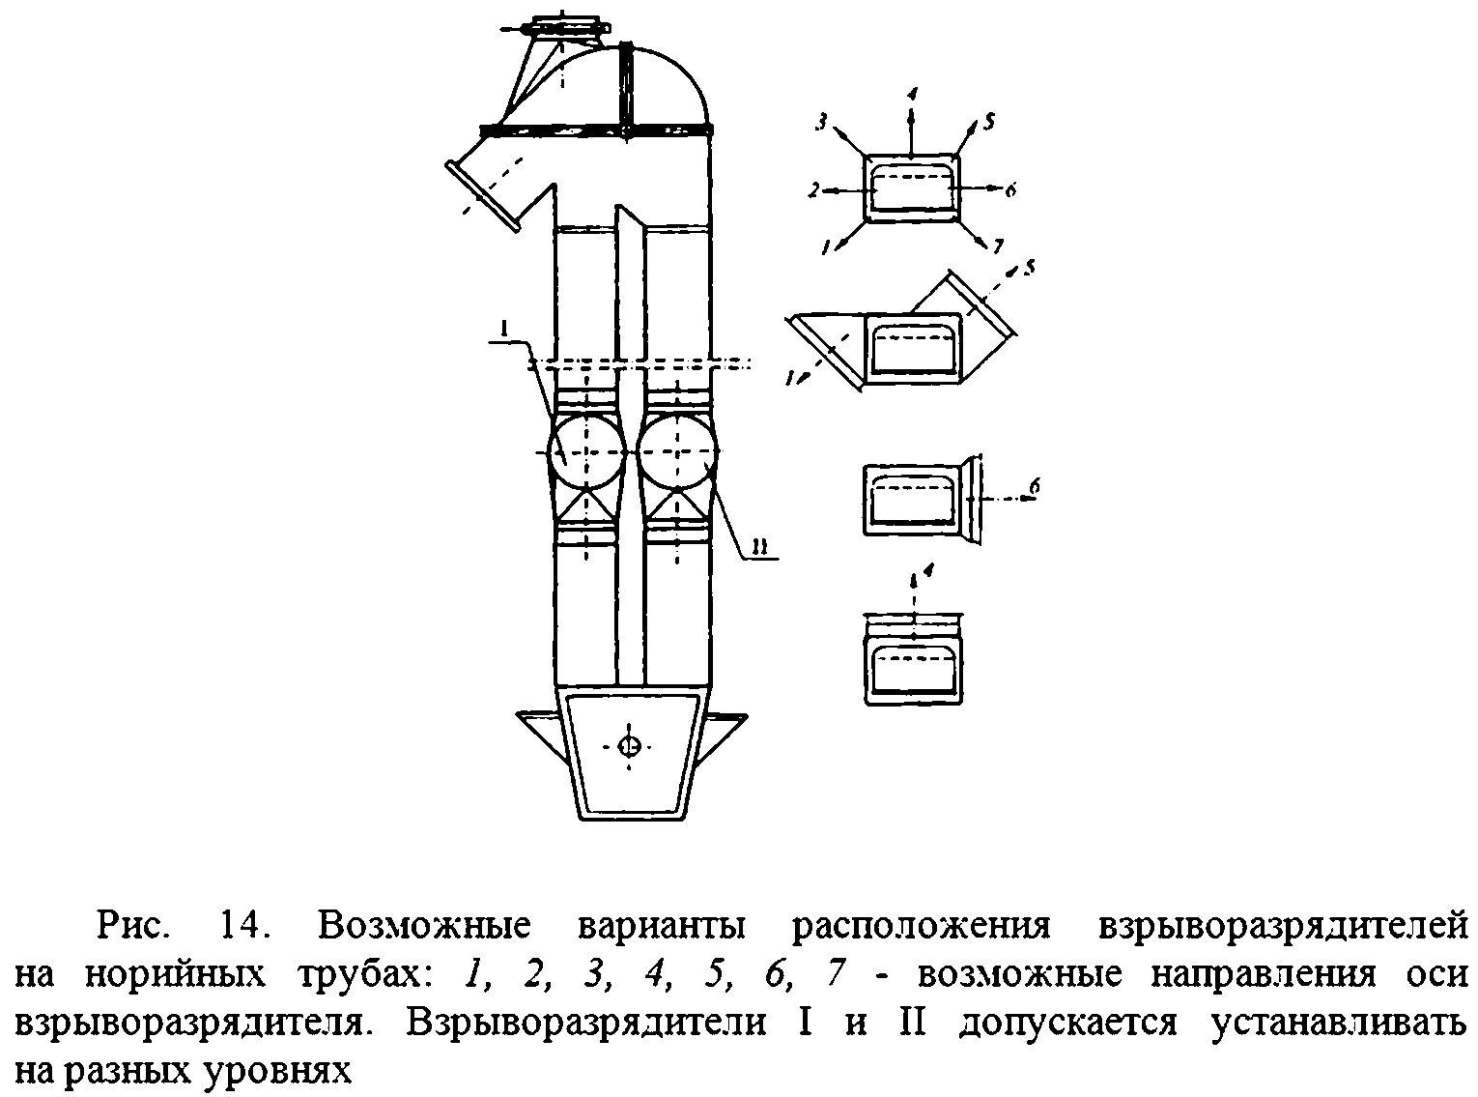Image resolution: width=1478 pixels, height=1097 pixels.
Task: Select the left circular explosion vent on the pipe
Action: coord(586,452)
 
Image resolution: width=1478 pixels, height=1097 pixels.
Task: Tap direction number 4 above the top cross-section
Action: coord(912,94)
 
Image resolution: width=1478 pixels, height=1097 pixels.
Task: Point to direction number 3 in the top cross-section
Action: coord(822,122)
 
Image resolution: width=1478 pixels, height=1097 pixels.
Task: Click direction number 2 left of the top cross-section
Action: coord(814,191)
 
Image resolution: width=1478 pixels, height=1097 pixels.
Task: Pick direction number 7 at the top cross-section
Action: coord(994,247)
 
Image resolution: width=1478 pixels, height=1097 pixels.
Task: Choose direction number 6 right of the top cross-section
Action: coord(1010,191)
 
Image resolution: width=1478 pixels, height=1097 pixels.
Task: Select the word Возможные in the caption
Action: coord(425,926)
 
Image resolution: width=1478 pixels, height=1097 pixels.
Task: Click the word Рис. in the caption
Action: coord(135,926)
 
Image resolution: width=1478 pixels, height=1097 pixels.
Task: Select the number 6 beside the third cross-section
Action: coord(1034,488)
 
